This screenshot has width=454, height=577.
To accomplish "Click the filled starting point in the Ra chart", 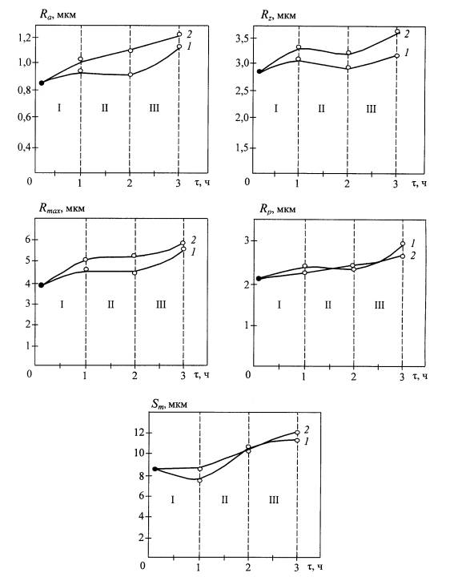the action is coord(42,83).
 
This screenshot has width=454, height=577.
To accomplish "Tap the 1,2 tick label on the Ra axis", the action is coord(25,38).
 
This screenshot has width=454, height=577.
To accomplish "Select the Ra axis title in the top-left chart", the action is coord(58,15).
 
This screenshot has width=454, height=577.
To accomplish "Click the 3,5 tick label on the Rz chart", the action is coord(243,38).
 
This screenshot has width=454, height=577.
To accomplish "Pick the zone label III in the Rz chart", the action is coord(371,109).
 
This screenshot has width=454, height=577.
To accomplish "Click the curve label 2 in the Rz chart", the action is coord(407,34).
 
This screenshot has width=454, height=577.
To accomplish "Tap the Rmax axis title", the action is coord(62,208).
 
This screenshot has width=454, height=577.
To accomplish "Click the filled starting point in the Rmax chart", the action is coord(42,284).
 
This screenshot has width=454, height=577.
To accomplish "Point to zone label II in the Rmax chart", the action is coord(110,305).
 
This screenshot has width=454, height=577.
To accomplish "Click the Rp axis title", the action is coord(277,209).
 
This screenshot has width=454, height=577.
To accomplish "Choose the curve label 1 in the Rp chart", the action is coord(413,243).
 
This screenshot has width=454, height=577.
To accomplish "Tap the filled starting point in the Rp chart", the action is coord(259,279).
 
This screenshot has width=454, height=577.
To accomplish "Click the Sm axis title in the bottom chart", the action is coord(169,404).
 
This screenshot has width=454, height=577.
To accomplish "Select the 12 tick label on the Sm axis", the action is coord(139,433).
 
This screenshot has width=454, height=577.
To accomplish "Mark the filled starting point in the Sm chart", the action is coord(155,469).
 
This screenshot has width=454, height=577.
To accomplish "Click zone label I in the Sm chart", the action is coord(173,500).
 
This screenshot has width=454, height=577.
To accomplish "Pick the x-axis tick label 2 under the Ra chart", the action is coord(130,183).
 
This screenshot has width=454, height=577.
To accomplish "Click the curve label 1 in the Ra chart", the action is coord(189,46).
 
